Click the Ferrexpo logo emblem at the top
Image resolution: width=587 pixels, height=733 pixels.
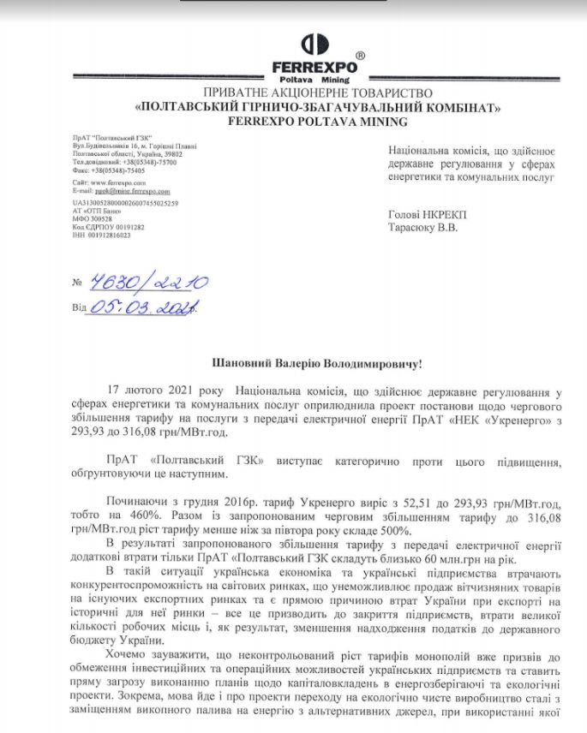318,45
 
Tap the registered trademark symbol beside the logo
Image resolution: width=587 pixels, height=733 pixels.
359,55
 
